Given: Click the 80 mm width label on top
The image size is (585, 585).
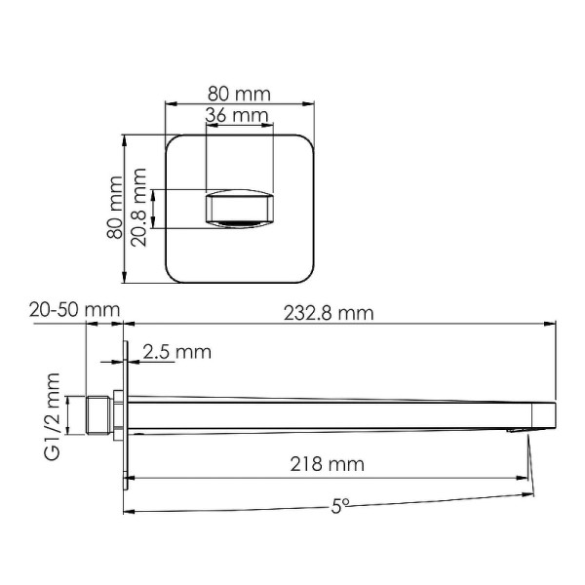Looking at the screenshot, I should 239,94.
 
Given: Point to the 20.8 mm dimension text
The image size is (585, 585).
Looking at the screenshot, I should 139,207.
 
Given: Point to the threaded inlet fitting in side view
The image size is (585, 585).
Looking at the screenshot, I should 98,413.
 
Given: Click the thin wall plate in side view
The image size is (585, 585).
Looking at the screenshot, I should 126,414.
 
